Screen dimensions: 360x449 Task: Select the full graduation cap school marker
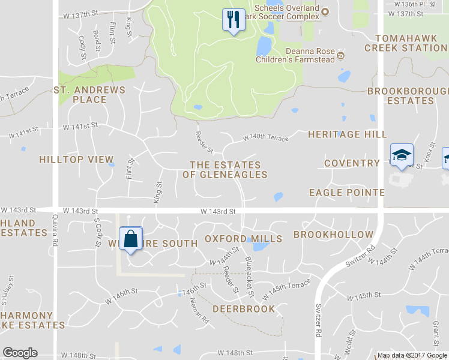pyautogui.click(x=400, y=156)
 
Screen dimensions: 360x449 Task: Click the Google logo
pyautogui.click(x=20, y=353)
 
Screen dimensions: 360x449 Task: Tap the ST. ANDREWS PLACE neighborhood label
pyautogui.click(x=89, y=95)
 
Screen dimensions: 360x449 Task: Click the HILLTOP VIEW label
pyautogui.click(x=76, y=160)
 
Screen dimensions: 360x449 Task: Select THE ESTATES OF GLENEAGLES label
pyautogui.click(x=225, y=169)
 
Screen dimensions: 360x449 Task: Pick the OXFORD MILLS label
pyautogui.click(x=243, y=239)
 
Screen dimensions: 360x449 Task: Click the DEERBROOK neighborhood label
pyautogui.click(x=244, y=309)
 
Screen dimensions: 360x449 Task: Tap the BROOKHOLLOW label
pyautogui.click(x=333, y=235)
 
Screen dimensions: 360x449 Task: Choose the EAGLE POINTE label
pyautogui.click(x=346, y=193)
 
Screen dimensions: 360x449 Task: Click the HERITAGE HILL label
pyautogui.click(x=347, y=134)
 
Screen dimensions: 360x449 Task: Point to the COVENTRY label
pyautogui.click(x=352, y=163)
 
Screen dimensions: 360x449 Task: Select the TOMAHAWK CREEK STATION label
pyautogui.click(x=405, y=43)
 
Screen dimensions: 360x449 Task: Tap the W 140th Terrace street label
pyautogui.click(x=265, y=138)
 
